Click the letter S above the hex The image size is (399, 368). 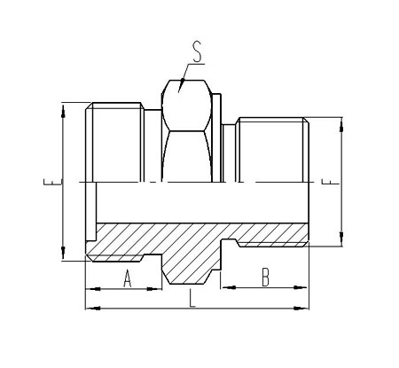click(x=197, y=51)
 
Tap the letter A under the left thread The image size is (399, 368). click(x=128, y=278)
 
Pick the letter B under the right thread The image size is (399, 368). click(x=265, y=277)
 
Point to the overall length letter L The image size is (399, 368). click(x=192, y=298)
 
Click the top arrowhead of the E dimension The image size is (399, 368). click(x=63, y=111)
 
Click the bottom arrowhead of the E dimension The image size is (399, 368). click(x=63, y=252)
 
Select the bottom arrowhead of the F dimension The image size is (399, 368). click(x=341, y=238)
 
